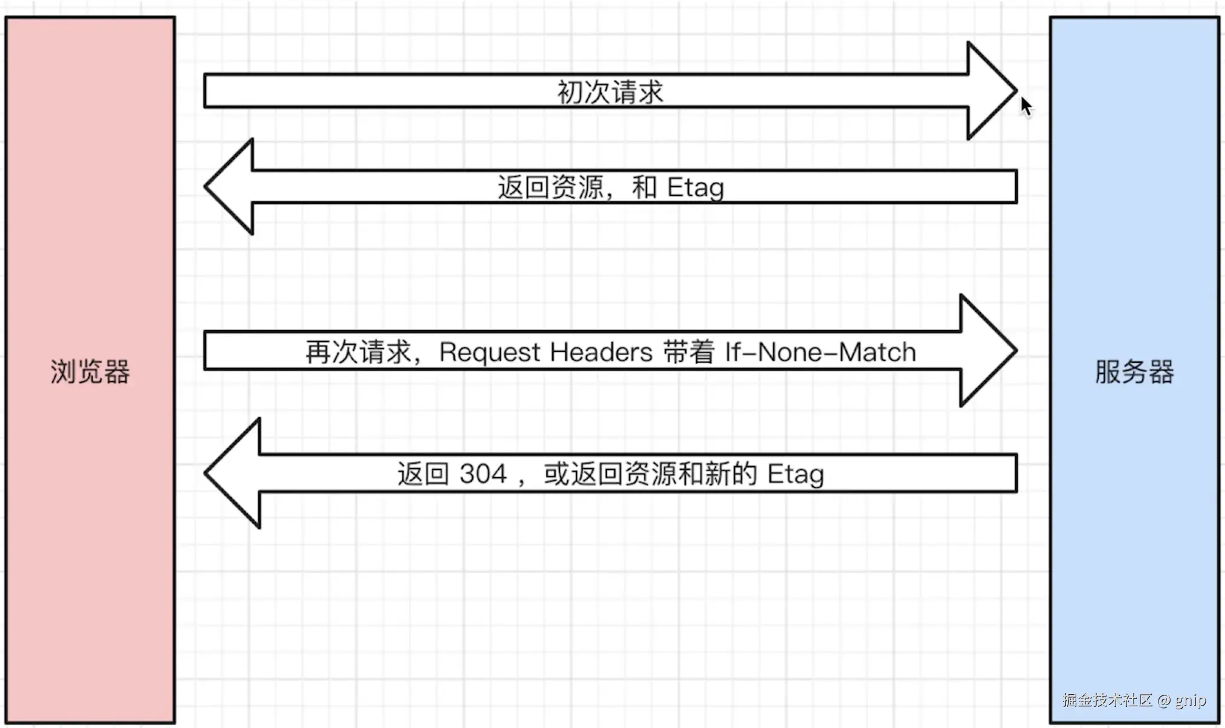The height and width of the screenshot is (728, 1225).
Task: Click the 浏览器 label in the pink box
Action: click(x=90, y=372)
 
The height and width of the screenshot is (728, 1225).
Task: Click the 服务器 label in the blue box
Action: click(x=1134, y=372)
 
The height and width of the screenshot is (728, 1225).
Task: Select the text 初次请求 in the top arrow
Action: click(x=610, y=93)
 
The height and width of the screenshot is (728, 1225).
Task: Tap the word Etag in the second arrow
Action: click(x=695, y=187)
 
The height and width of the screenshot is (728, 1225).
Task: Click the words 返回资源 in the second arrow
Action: click(x=551, y=187)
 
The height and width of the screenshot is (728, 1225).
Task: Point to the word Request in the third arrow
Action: click(x=490, y=353)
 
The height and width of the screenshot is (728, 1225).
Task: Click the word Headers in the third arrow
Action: click(x=602, y=352)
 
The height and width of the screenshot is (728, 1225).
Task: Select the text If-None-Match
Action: click(x=820, y=352)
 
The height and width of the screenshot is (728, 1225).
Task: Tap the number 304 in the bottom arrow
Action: click(x=483, y=473)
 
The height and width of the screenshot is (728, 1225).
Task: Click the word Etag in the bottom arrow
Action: click(x=796, y=474)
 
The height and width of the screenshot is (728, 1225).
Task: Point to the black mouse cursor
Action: click(x=1025, y=106)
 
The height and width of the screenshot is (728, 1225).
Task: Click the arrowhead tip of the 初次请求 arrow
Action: click(x=1016, y=91)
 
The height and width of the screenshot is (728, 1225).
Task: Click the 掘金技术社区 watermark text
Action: click(x=1107, y=700)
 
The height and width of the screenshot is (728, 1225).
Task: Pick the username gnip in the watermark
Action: click(x=1191, y=701)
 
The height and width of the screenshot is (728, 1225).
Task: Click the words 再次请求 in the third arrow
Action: click(x=358, y=353)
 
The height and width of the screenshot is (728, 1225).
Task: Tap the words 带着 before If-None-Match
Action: click(x=689, y=353)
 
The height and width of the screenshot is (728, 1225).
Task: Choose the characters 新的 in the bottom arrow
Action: click(x=731, y=473)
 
